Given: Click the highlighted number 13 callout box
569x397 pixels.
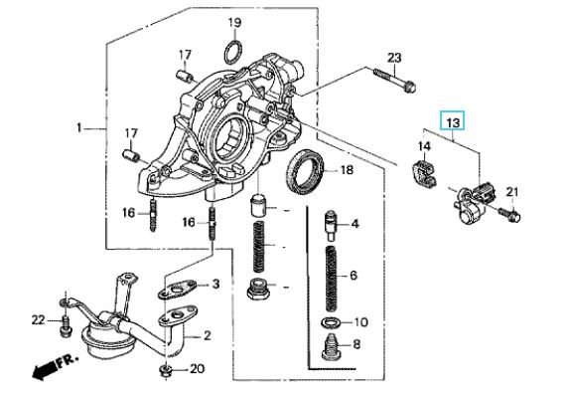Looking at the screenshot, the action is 452,120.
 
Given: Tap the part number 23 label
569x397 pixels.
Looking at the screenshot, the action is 394,58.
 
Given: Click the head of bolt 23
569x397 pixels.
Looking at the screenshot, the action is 410,87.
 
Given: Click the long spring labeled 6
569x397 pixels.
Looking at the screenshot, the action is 331,279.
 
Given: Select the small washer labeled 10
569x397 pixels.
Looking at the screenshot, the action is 330,322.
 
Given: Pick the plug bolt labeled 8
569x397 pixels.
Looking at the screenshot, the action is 331,347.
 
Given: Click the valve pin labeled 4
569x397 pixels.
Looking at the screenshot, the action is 331,226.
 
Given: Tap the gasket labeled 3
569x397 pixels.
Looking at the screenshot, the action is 177,290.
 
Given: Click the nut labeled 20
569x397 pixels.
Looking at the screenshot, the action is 165,371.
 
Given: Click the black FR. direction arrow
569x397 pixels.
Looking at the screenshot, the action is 45,369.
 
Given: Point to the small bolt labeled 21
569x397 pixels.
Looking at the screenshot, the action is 509,215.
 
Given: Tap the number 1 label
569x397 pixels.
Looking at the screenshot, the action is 79,128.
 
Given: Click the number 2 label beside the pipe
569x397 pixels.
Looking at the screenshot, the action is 208,335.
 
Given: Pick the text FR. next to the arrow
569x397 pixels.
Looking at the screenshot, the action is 68,359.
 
